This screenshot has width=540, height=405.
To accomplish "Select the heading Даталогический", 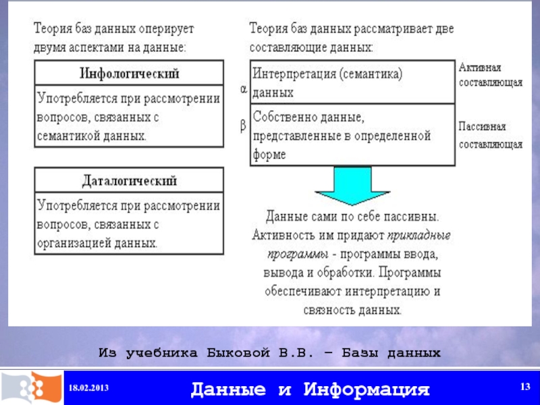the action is (130, 181).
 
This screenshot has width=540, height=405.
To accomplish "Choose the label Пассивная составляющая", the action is (491, 135).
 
